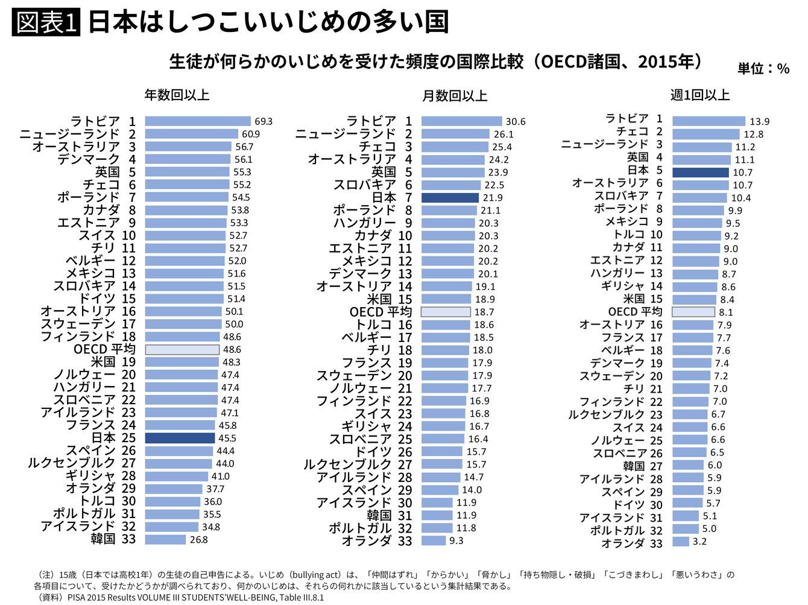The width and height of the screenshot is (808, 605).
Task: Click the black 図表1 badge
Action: pos(46,22)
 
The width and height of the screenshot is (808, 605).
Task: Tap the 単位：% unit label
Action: pos(763,69)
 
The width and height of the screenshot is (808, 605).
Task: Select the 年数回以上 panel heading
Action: pos(177,95)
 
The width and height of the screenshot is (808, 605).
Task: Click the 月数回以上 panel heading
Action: pos(455,96)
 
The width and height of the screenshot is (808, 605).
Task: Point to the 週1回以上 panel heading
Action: pos(700,95)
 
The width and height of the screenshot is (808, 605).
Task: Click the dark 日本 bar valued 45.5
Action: pos(180,438)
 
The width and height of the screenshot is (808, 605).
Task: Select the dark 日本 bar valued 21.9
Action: pos(450,198)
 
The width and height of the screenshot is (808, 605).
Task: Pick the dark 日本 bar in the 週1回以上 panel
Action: pos(700,173)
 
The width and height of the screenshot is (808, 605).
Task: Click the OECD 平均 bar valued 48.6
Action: pos(182,349)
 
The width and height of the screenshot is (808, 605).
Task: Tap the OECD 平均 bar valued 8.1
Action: pos(693,312)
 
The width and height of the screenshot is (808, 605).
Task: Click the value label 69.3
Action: pos(264,121)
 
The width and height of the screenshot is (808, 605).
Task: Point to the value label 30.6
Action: pos(516,121)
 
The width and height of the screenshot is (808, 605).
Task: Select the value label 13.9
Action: pos(759,121)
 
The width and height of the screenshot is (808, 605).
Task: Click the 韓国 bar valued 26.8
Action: pos(165,539)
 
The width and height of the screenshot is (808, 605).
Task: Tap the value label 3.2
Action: pos(699,541)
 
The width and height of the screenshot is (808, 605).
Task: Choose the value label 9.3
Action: pos(456,540)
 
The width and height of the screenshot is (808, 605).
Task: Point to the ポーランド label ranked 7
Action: pos(89,197)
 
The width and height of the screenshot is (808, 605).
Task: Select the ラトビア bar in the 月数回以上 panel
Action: pos(462,121)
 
